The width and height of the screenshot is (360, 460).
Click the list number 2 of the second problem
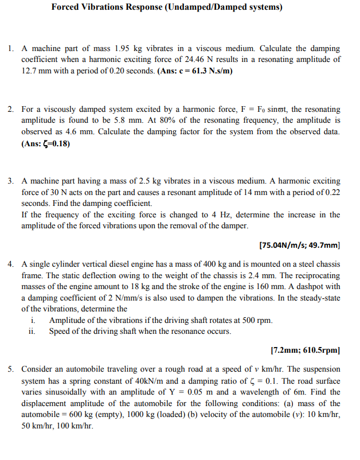(x=11, y=109)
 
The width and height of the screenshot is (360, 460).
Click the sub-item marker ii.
(x=32, y=332)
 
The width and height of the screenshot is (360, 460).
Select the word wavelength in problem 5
(x=271, y=392)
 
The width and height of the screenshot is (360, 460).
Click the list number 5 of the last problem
(x=11, y=369)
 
